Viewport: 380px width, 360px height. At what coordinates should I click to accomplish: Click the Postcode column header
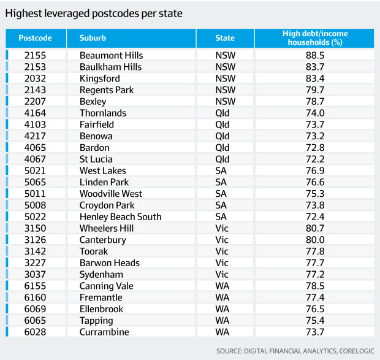[34, 38]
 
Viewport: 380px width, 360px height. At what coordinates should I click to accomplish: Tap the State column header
[225, 38]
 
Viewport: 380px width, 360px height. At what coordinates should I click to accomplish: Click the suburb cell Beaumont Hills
[111, 55]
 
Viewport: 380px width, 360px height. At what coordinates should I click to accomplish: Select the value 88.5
[314, 55]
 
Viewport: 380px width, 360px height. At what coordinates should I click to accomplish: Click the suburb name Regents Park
[107, 90]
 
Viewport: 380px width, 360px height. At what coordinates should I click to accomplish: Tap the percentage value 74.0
[314, 113]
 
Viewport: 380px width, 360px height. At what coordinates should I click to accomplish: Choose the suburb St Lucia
[96, 159]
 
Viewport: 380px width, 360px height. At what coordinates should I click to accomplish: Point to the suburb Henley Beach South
[121, 216]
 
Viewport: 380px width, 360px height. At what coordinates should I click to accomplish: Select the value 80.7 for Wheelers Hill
[314, 228]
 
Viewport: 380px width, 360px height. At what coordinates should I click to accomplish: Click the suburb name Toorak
[94, 251]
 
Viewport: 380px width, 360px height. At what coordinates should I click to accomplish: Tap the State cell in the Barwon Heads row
[222, 262]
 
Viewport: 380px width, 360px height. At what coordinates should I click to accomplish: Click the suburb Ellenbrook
[101, 309]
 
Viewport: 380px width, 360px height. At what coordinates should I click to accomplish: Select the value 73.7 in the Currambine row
[314, 332]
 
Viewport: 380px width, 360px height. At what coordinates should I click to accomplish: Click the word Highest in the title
[24, 12]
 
